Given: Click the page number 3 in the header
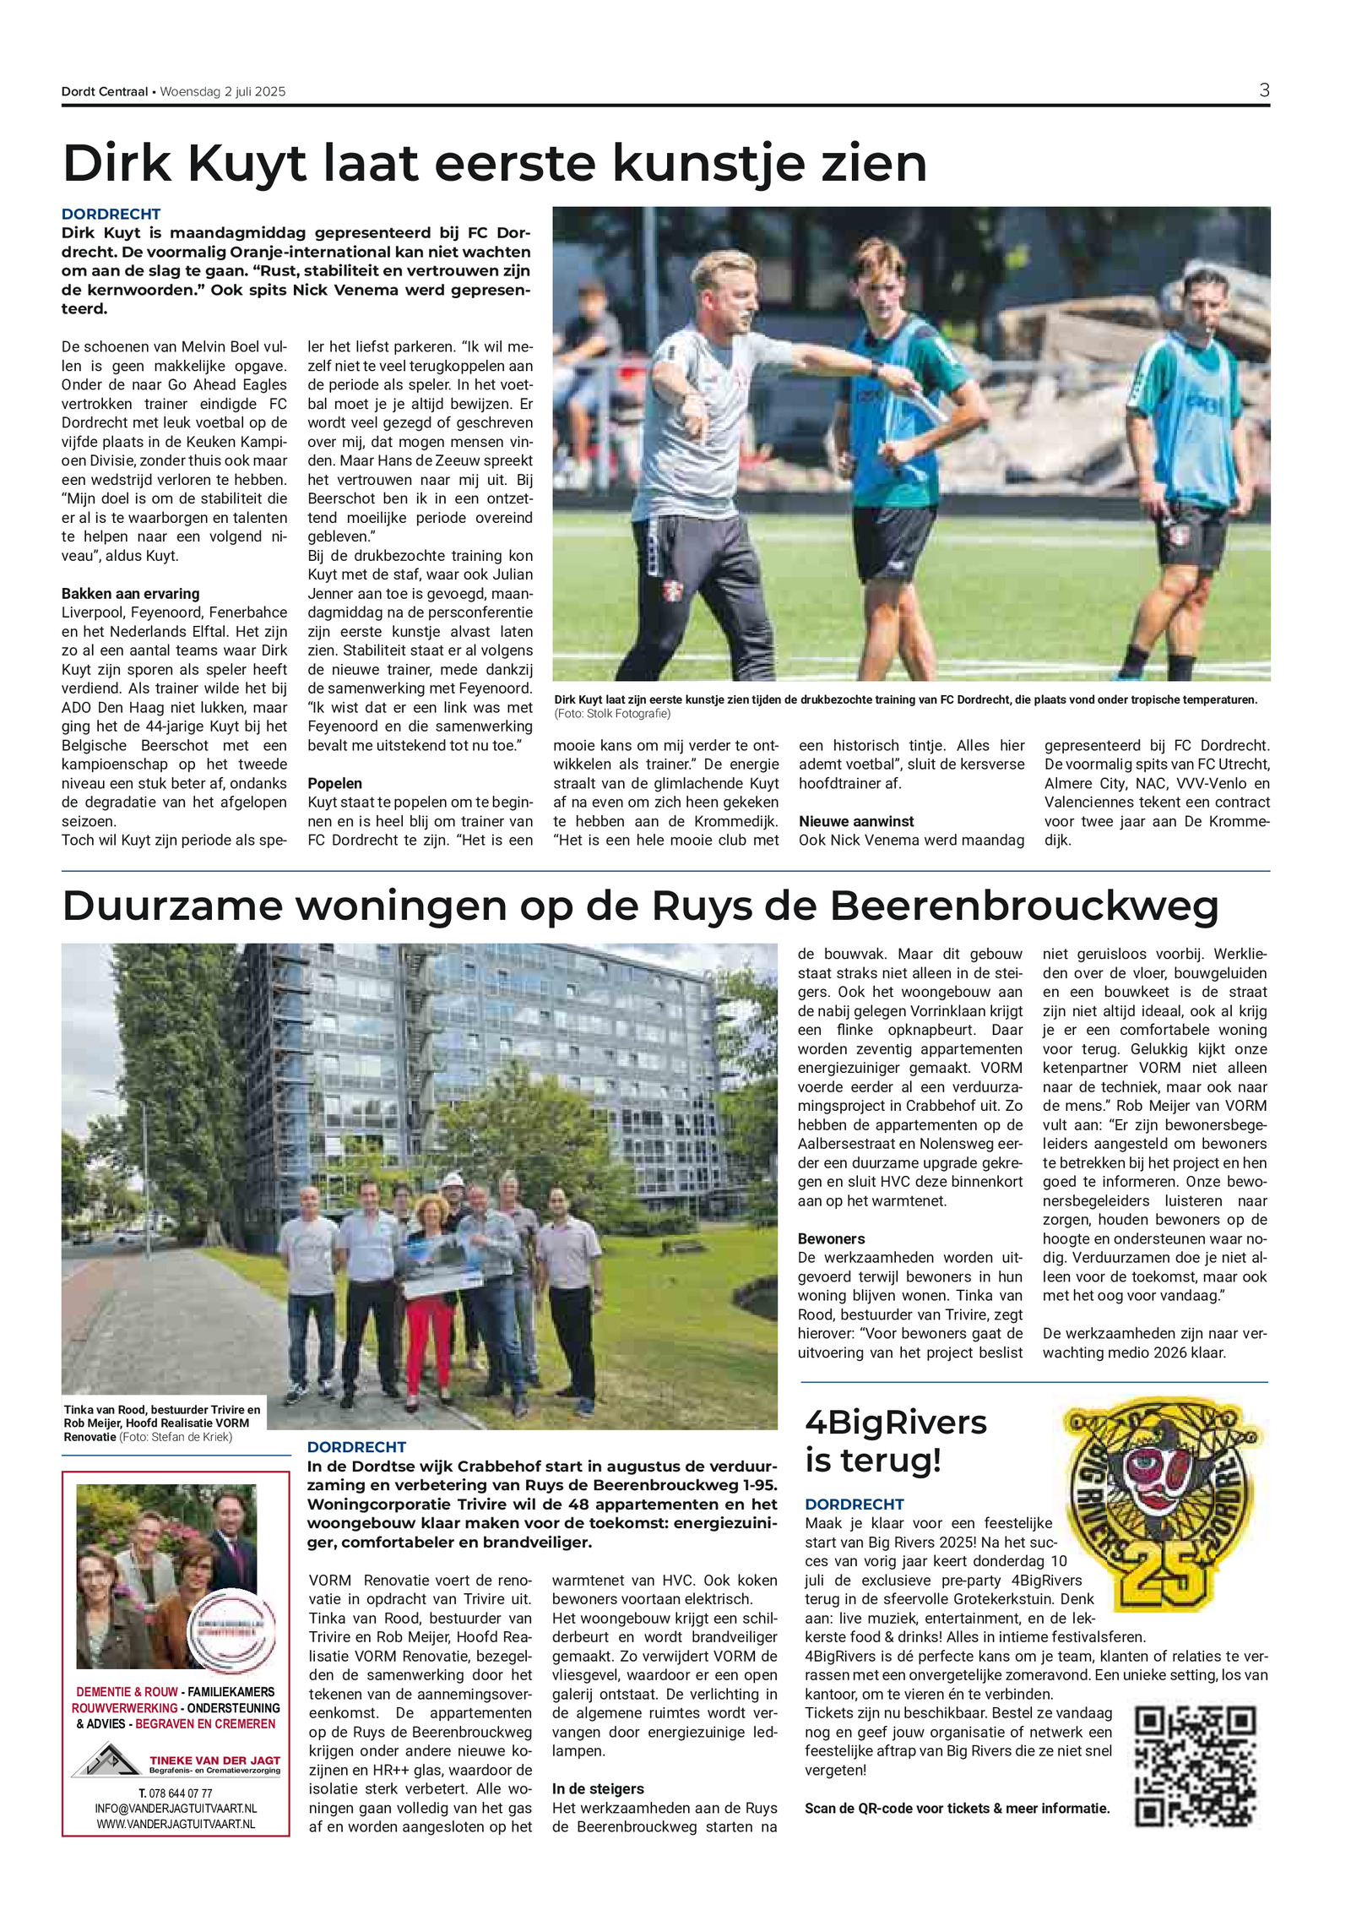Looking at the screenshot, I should tap(1263, 90).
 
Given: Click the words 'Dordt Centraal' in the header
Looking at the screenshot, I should tap(104, 92).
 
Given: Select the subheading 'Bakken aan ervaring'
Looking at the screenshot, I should tap(130, 593).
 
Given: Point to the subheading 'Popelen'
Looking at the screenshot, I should tap(334, 783).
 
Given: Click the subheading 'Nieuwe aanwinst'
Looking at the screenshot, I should tap(856, 821).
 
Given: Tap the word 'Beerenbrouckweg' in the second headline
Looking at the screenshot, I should tap(1024, 906).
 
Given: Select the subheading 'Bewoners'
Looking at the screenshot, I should tap(831, 1238).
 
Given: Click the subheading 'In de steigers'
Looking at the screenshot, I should tap(598, 1788).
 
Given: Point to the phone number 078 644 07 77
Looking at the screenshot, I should tap(176, 1793).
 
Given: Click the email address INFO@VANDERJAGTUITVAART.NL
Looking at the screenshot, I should tap(176, 1809).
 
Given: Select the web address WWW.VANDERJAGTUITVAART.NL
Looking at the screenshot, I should tap(176, 1824).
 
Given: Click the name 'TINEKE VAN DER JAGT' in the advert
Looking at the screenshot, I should tap(214, 1760).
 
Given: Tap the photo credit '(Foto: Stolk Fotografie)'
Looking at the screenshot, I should tap(612, 714).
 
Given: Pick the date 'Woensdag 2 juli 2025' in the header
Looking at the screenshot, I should tap(223, 92).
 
